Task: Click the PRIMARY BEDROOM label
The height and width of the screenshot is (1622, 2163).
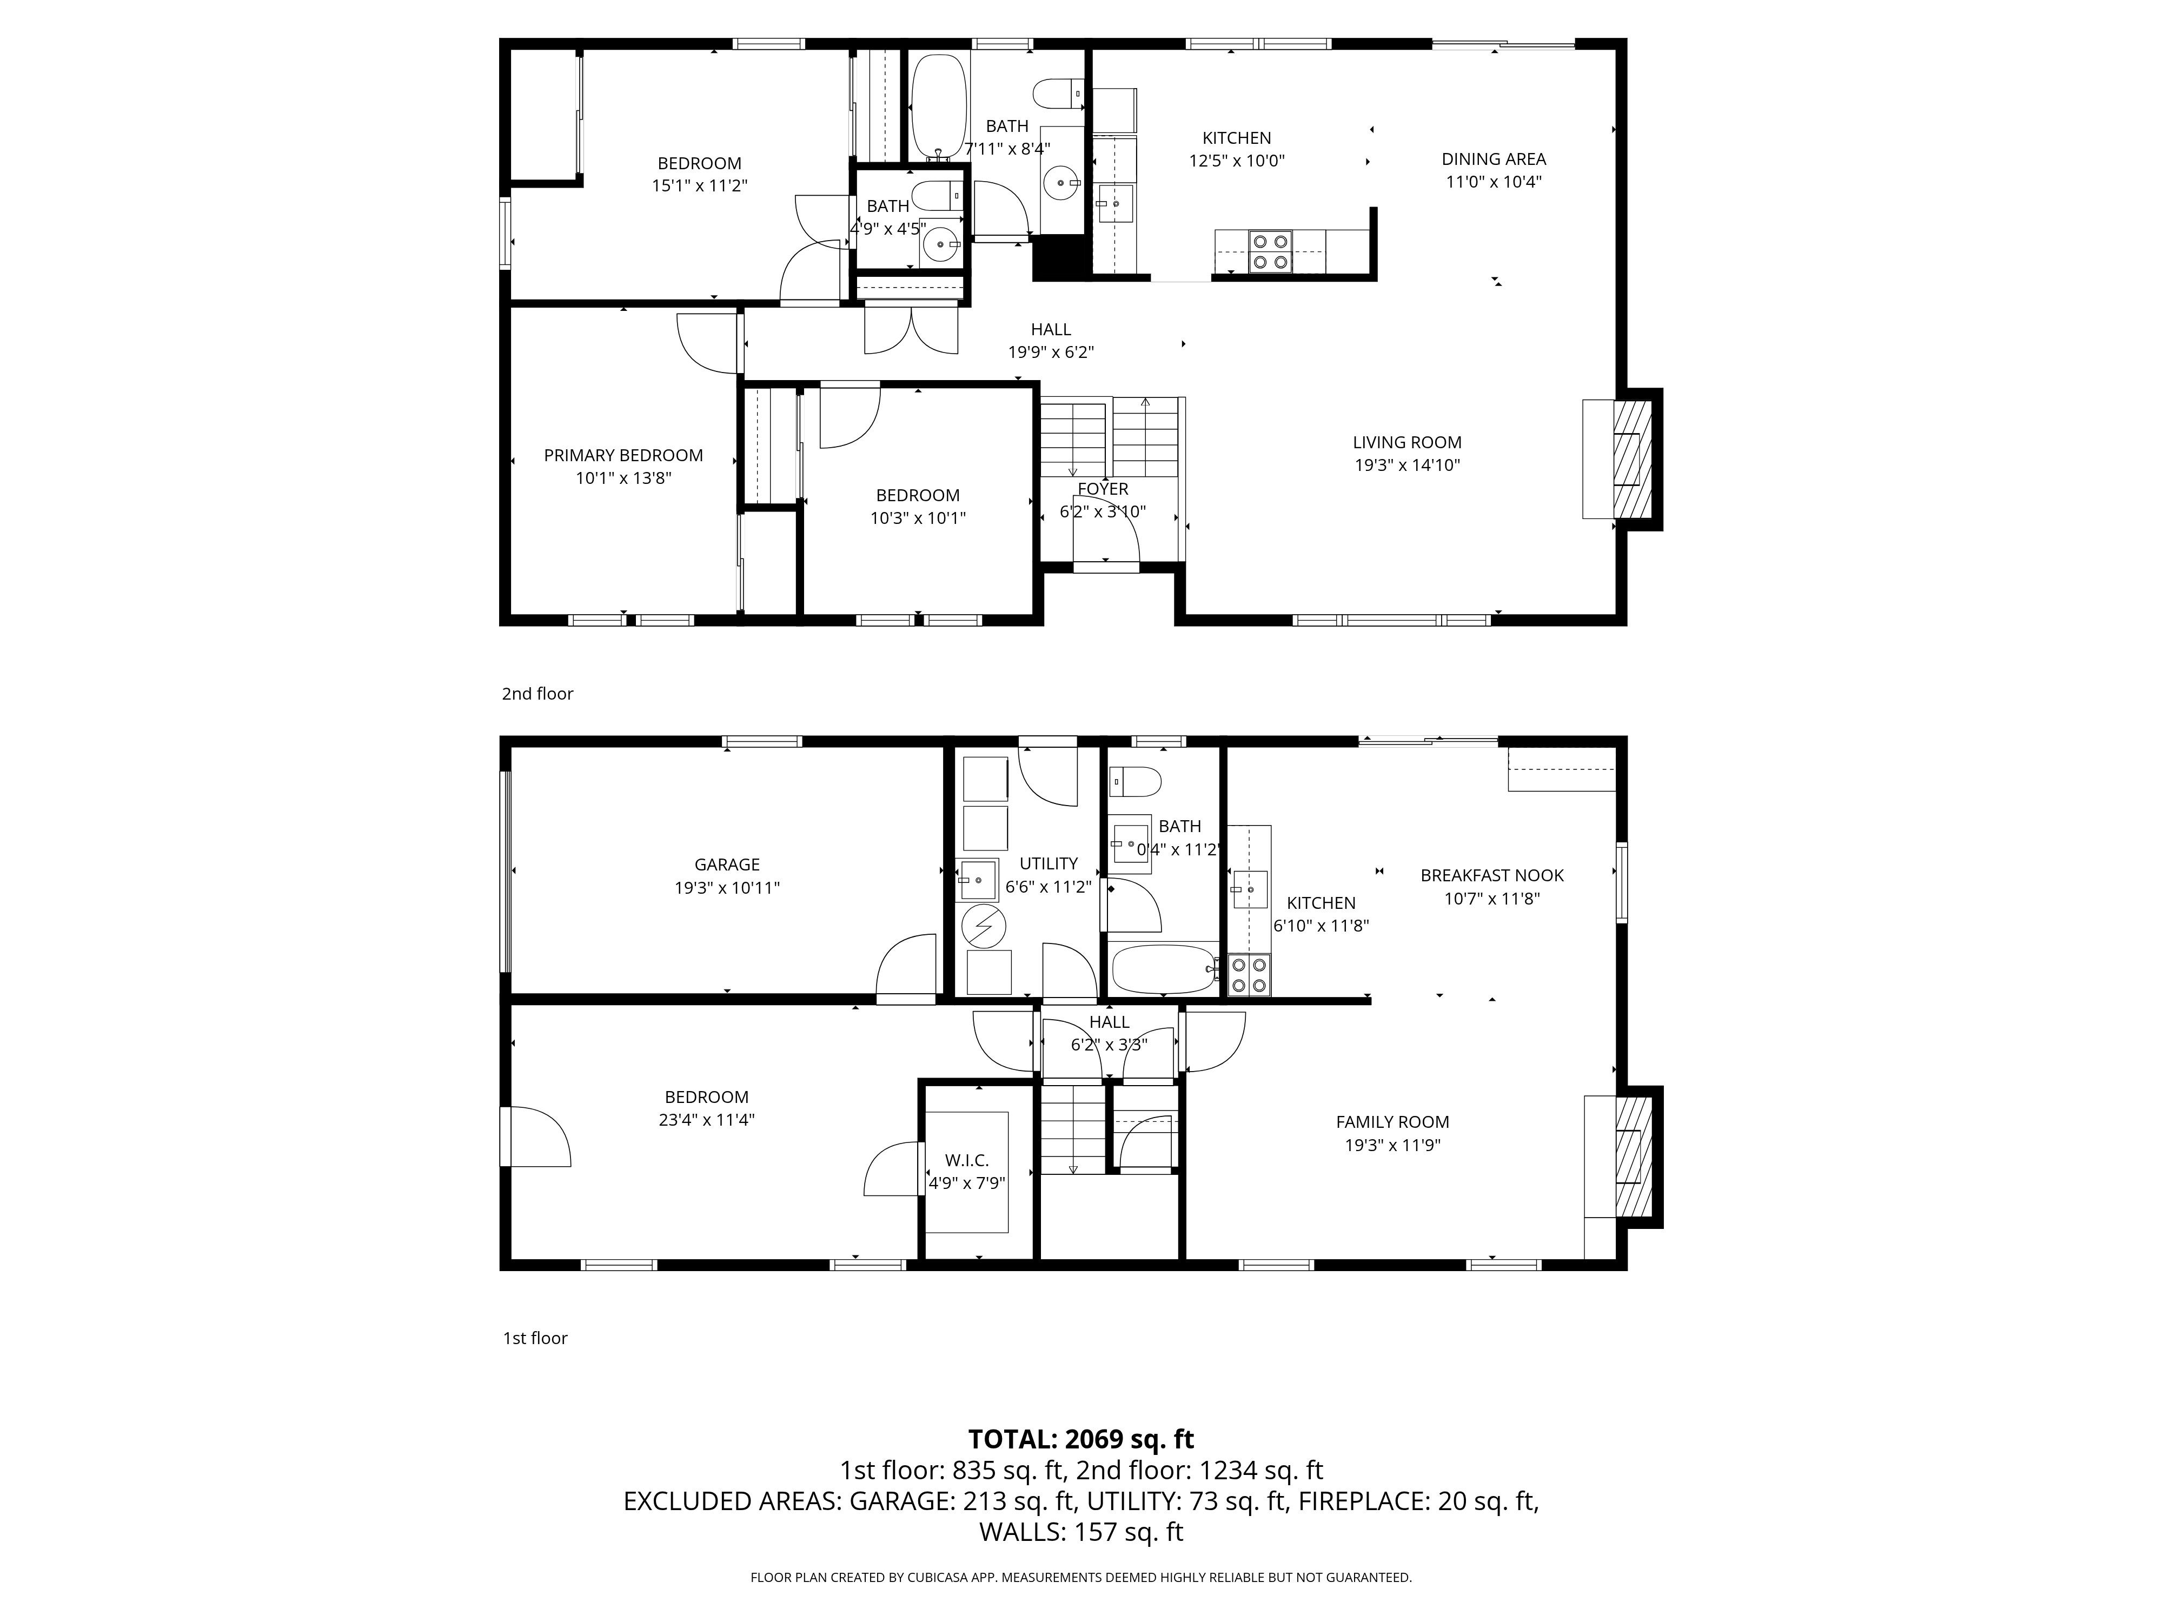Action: coord(623,456)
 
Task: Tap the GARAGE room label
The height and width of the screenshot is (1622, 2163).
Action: coord(727,865)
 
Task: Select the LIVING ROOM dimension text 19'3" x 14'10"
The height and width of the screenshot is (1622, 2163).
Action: coord(1407,466)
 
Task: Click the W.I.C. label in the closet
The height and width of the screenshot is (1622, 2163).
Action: coord(966,1160)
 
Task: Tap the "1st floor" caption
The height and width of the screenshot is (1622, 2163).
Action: coord(535,1338)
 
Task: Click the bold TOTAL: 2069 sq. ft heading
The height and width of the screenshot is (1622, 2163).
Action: coord(1080,1439)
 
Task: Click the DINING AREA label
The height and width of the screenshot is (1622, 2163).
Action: coord(1493,159)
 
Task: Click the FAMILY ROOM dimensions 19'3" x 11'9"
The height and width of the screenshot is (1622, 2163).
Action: coord(1392,1145)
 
